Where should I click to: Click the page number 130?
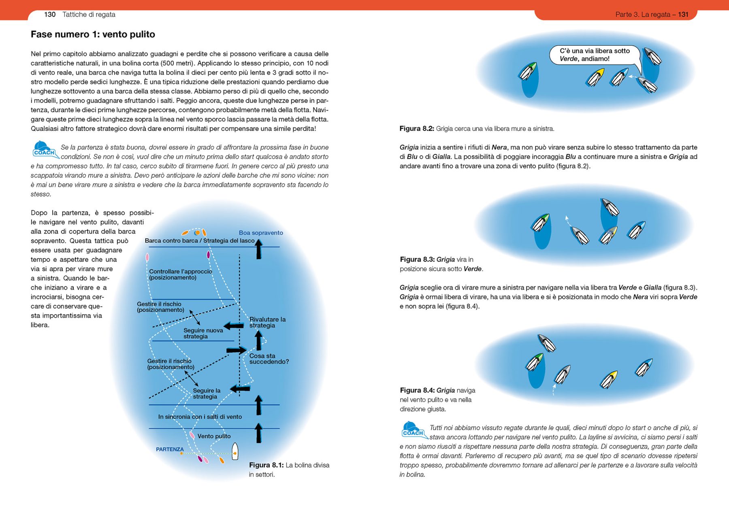50,15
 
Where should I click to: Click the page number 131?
683,15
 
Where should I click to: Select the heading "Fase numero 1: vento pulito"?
93,34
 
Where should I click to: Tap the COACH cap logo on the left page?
44,149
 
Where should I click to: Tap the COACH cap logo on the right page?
413,430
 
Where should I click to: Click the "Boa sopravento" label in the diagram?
261,233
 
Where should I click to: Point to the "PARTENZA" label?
170,449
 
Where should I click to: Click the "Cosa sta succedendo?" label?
269,359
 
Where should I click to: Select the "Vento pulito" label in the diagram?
214,436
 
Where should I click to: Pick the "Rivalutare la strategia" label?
267,322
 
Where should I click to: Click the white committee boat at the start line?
235,451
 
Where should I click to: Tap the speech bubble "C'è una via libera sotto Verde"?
595,55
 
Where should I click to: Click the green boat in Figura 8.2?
528,72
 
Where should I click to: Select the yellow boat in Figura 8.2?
595,77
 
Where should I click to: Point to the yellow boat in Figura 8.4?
609,380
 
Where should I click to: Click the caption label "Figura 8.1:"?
266,465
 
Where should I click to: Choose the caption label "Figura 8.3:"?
417,259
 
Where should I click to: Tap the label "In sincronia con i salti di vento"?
200,417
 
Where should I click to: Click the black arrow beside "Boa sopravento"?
259,249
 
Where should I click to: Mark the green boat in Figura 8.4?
535,362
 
